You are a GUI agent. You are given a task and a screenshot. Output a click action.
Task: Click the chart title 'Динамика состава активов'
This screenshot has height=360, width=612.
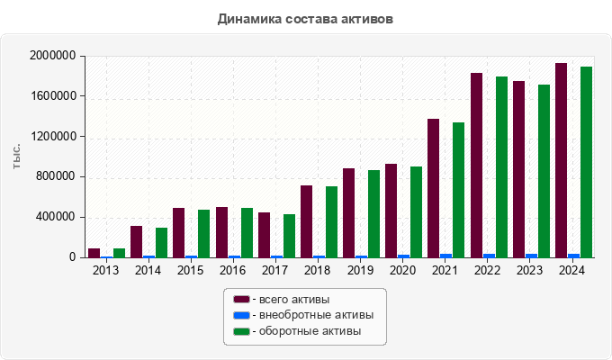tap(305, 18)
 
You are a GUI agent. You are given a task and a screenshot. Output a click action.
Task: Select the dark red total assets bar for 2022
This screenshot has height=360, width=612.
tap(477, 166)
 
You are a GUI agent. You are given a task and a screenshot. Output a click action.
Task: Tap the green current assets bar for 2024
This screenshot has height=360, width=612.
tap(587, 162)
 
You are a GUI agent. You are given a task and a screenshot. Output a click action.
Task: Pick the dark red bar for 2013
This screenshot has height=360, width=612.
tap(94, 253)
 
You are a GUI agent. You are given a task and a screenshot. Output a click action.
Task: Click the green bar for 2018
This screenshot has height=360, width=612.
tap(331, 222)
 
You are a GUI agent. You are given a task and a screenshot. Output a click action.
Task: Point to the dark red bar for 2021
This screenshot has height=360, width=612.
tap(434, 188)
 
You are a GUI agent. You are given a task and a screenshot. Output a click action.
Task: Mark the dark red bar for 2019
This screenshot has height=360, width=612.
tap(348, 213)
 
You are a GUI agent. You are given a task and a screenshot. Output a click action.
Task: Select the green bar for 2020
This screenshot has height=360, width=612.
tap(417, 212)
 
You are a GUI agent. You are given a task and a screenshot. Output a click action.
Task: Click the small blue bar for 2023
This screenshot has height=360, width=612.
tap(532, 256)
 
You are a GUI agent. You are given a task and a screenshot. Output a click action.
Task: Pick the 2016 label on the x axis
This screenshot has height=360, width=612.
tap(233, 270)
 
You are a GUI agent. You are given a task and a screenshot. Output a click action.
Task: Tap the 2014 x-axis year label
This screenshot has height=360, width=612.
tap(148, 270)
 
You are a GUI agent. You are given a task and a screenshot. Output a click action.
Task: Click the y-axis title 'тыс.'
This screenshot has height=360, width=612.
tap(17, 157)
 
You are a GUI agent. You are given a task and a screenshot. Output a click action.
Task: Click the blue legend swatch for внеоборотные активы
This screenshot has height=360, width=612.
tap(241, 315)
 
